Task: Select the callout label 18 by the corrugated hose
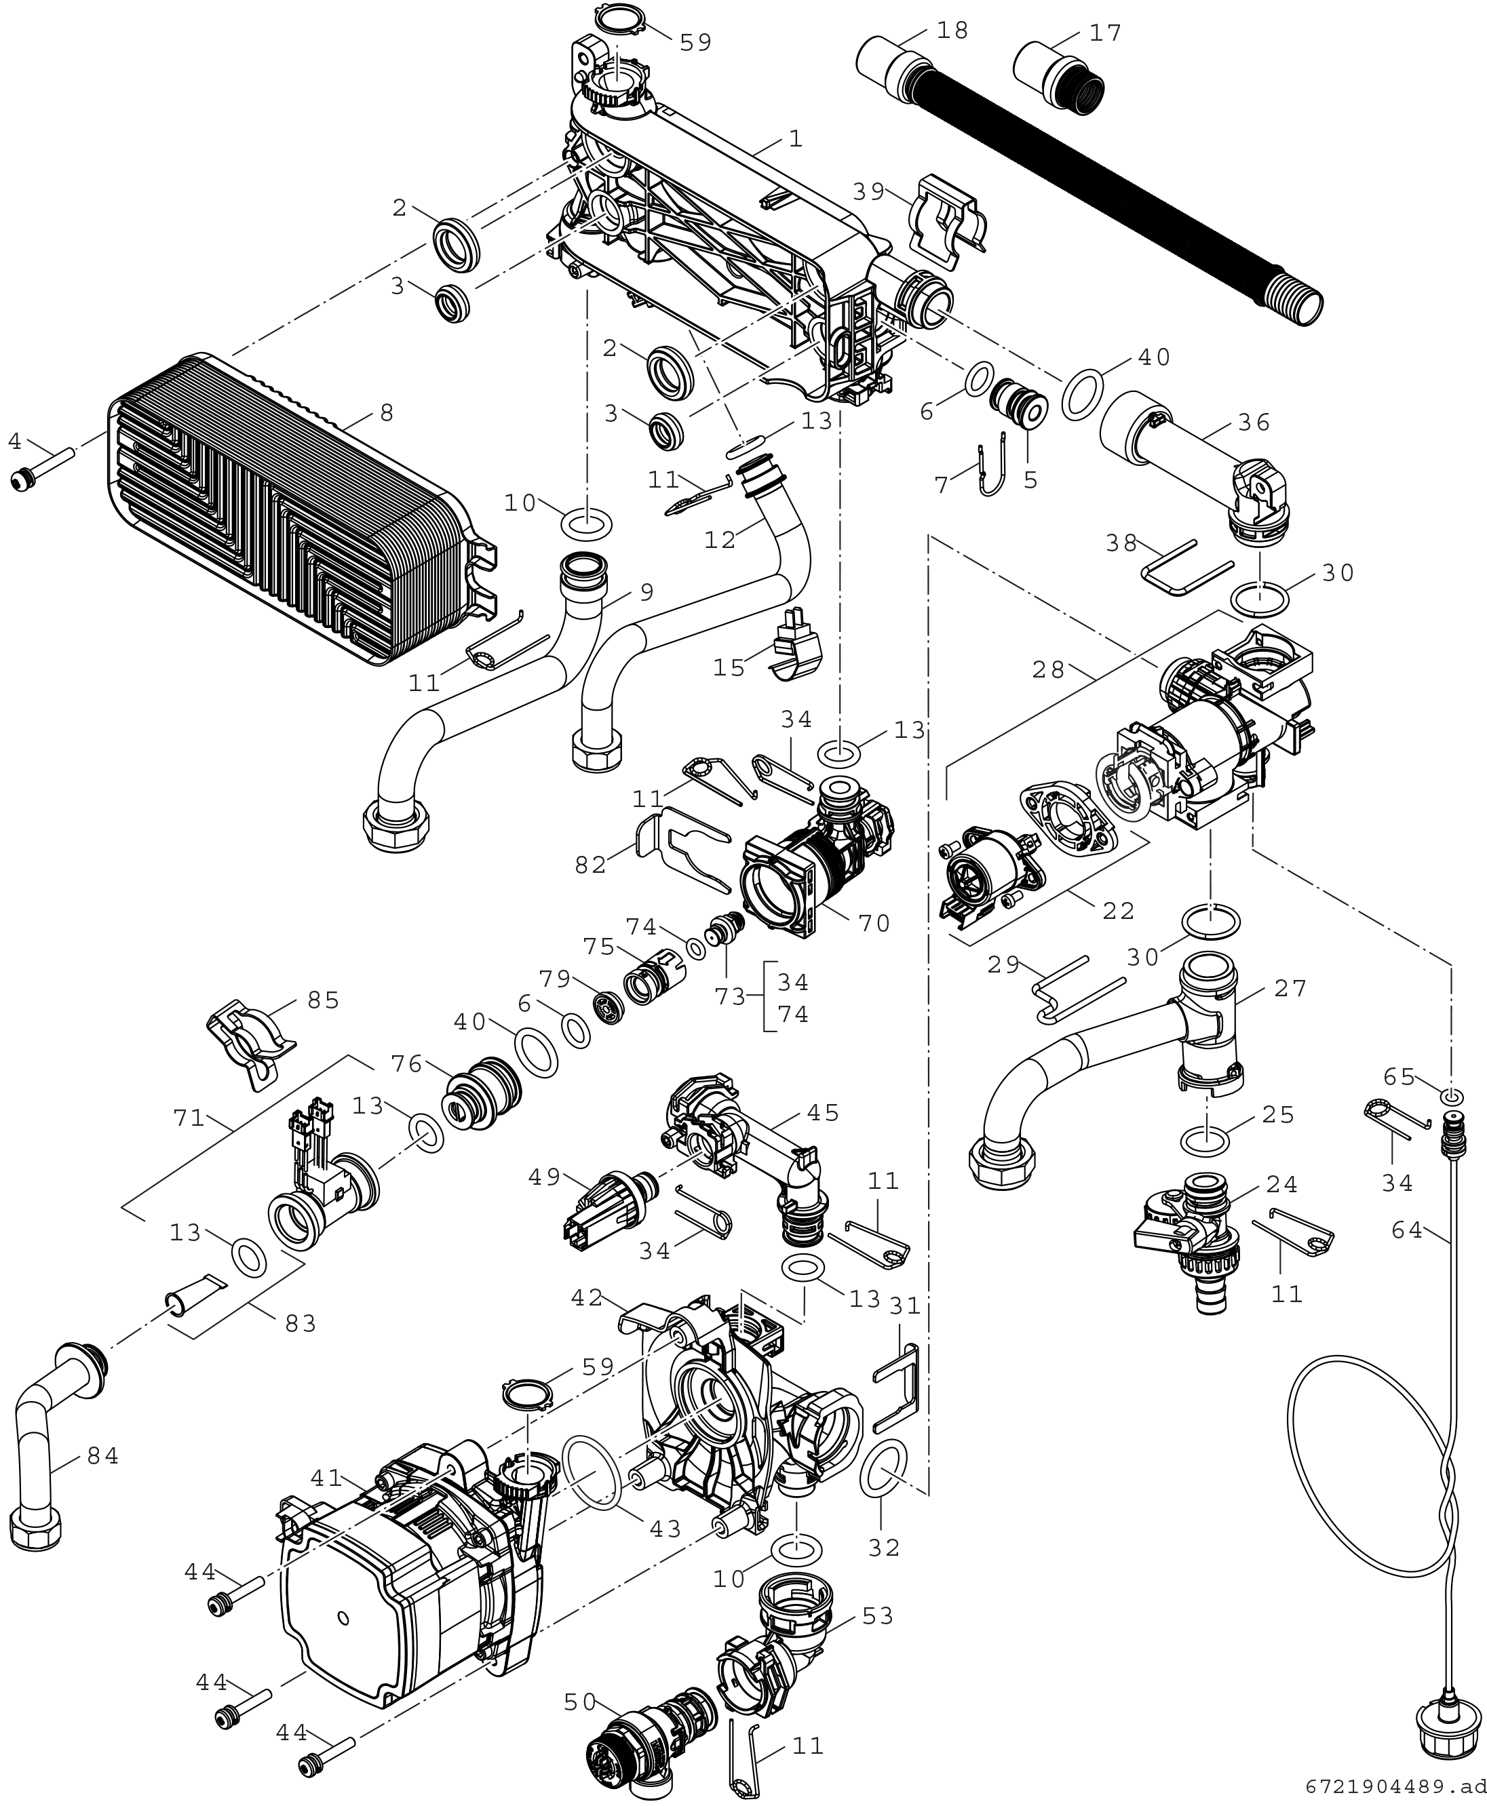(952, 31)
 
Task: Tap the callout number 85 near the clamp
(323, 1000)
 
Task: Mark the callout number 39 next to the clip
(868, 192)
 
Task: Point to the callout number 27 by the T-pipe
(1290, 988)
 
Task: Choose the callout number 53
(877, 1616)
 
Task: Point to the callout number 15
(729, 668)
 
